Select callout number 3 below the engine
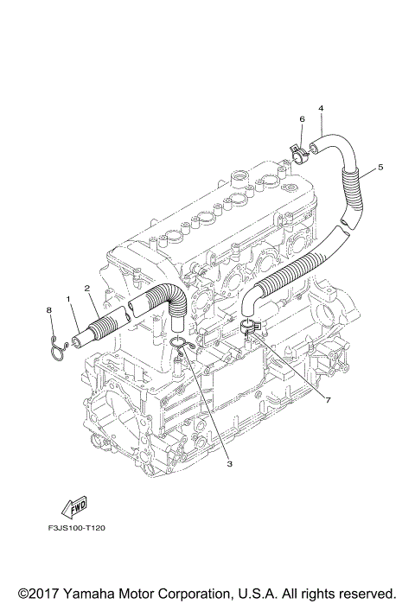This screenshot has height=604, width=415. click(x=229, y=464)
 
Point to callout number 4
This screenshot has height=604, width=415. click(x=321, y=108)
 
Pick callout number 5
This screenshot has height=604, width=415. click(x=380, y=167)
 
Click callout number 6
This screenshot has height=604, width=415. click(x=302, y=119)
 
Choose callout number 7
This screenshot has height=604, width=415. click(x=328, y=401)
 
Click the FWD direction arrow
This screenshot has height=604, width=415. click(x=74, y=505)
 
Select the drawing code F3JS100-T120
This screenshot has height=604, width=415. click(x=77, y=528)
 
